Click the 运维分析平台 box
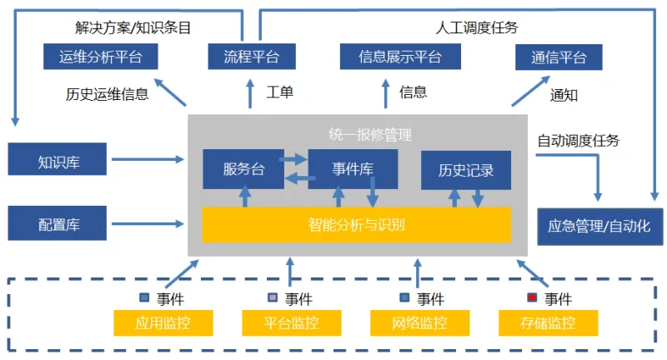tap(100, 57)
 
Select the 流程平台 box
tap(252, 57)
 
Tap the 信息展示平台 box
tap(400, 57)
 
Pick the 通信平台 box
tap(559, 57)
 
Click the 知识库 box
tap(58, 159)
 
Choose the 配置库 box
tap(58, 223)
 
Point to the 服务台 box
tap(243, 169)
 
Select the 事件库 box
tap(353, 169)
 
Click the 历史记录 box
tap(466, 171)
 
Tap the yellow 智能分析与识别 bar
tap(357, 225)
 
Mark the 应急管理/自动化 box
tap(599, 227)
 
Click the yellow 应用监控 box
tap(163, 323)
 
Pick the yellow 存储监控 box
tap(549, 323)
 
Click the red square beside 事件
tap(532, 297)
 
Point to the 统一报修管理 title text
tap(370, 135)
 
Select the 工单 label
tap(279, 92)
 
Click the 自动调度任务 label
tap(579, 141)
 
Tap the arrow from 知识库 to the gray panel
tap(148, 159)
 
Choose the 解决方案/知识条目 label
tap(133, 27)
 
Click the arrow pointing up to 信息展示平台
tap(385, 93)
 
